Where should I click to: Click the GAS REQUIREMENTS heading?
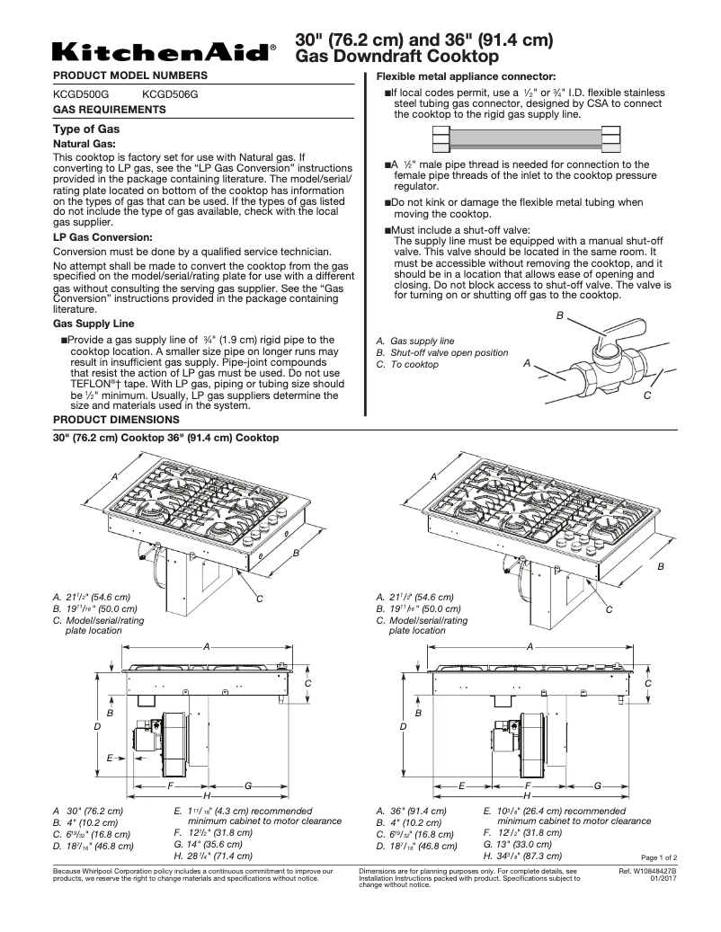click(109, 110)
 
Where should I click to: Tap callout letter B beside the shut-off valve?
click(559, 316)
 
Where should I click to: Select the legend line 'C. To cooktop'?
click(407, 364)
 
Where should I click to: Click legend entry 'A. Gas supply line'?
click(415, 342)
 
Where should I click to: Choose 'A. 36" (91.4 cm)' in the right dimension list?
click(411, 811)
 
